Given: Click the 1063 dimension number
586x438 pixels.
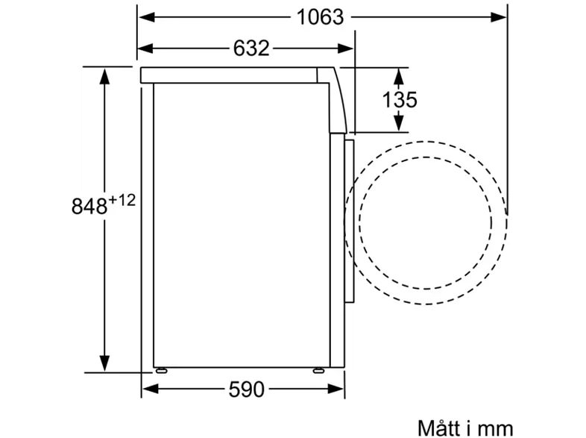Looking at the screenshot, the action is click(x=320, y=17).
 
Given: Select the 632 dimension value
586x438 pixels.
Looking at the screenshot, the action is click(x=251, y=49).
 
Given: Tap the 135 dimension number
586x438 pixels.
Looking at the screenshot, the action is click(x=399, y=99).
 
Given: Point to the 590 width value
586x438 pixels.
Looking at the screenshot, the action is click(x=246, y=389).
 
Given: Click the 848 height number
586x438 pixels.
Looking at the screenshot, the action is click(x=89, y=206).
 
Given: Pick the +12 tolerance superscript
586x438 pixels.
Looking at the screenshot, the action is click(x=122, y=201).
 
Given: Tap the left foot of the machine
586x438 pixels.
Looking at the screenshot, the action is click(x=161, y=371).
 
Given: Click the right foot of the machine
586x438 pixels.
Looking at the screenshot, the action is click(x=319, y=371).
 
